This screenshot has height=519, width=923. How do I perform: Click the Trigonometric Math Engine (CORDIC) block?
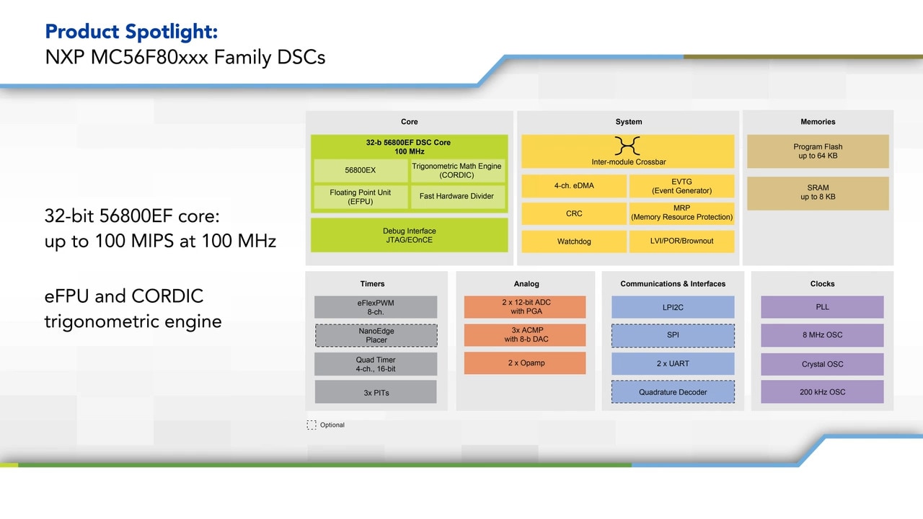[x=456, y=171]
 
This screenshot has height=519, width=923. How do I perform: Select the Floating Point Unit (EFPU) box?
[x=361, y=197]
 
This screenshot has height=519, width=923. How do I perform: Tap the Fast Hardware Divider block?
[x=456, y=197]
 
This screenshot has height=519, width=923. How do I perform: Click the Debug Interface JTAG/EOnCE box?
[x=409, y=236]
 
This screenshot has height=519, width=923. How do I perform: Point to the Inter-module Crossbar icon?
[x=627, y=146]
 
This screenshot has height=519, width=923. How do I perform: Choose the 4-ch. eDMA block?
[x=573, y=186]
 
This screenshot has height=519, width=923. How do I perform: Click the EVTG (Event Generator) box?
[x=681, y=186]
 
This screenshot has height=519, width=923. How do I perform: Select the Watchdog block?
[x=573, y=241]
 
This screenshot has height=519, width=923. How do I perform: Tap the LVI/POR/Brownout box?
[x=681, y=241]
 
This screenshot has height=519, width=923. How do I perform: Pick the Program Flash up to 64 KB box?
[x=818, y=151]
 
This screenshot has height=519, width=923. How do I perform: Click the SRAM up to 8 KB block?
[x=818, y=192]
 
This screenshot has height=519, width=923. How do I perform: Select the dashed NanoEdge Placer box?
[x=376, y=335]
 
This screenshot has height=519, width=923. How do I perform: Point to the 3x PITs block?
[x=376, y=393]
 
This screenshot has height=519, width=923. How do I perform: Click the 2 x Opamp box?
[x=526, y=363]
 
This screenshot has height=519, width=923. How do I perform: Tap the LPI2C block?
[x=673, y=307]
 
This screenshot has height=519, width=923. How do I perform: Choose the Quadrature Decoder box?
[x=673, y=393]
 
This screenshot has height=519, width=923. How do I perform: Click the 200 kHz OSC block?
[x=822, y=392]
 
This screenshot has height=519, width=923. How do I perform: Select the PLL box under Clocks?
[x=822, y=307]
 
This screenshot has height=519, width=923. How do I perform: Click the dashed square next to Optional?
[x=312, y=425]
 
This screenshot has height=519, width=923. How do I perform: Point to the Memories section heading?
[x=818, y=122]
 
